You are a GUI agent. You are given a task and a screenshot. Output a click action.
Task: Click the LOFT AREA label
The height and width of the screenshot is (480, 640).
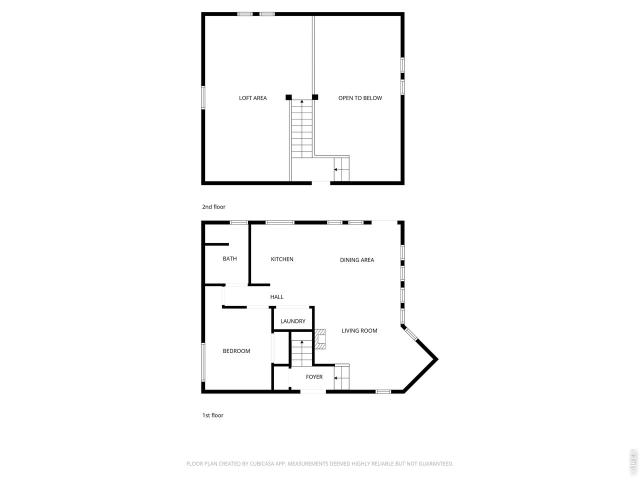253,98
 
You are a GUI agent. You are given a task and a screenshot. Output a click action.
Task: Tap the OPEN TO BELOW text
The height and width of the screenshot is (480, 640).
360,98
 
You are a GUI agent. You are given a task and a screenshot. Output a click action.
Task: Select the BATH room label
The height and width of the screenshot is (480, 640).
230,259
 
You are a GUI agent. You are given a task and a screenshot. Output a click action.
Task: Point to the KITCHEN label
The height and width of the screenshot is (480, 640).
282,259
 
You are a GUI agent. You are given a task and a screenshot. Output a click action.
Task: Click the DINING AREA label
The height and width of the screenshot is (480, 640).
357,260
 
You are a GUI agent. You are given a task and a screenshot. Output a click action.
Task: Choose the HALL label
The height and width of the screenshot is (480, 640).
276,297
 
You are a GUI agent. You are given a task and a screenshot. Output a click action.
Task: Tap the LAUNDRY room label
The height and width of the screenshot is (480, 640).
292,321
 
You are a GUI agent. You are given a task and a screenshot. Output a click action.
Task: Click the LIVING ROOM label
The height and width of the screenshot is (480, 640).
359,331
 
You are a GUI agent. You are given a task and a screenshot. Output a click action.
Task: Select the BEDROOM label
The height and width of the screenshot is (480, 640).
236,351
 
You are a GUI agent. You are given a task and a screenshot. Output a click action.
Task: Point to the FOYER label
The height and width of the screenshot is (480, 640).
314,377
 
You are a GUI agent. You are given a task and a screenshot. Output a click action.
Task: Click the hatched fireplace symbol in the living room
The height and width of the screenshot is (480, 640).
320,339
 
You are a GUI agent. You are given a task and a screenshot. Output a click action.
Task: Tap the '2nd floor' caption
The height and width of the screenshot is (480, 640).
213,207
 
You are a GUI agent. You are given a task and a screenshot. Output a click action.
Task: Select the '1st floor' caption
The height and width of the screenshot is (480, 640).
213,415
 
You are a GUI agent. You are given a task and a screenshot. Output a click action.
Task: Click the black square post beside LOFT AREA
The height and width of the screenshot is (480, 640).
288,97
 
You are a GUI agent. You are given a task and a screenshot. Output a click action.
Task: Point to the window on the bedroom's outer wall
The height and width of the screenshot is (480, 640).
203,362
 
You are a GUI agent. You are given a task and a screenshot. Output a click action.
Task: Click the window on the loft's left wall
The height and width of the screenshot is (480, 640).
203,97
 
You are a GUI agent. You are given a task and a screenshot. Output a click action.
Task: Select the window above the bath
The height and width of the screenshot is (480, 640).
239,222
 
